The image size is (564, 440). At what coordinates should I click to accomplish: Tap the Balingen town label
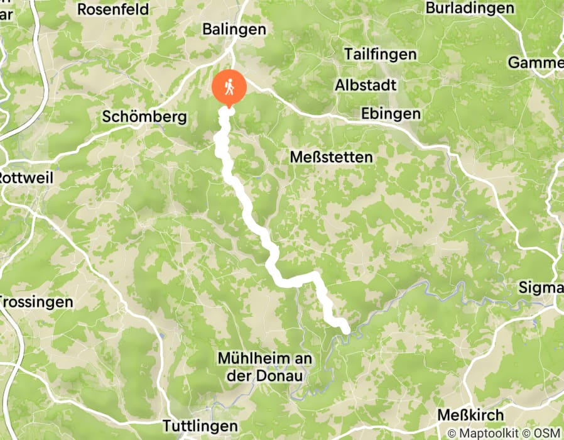point(234,30)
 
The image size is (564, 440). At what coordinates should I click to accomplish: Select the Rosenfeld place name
point(113,9)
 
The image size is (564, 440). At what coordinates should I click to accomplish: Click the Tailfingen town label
point(380,55)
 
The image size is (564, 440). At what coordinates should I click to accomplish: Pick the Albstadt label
point(366,84)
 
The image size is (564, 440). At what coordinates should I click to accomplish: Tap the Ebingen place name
point(391,114)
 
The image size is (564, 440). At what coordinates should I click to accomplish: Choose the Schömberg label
point(144,118)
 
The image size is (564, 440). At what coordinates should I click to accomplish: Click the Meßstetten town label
point(332,157)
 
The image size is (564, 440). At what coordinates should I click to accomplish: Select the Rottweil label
point(27,178)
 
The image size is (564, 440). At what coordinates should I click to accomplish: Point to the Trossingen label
point(36,302)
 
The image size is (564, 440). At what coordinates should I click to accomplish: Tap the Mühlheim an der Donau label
point(261,366)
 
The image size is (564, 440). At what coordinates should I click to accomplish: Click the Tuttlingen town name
point(200,426)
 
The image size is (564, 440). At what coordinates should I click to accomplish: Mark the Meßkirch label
point(470,415)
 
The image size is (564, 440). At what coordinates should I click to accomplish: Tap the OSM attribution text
point(546,433)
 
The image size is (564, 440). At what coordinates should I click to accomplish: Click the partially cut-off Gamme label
point(536,63)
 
